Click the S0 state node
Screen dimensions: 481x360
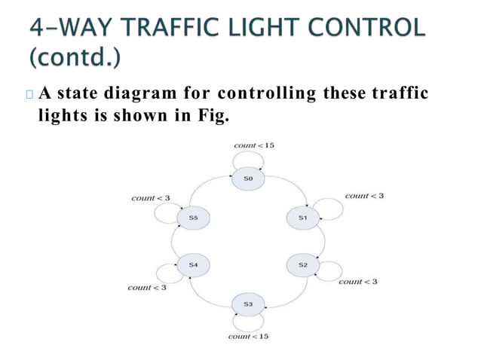tap(249, 178)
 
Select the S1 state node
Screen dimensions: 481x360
tap(302, 217)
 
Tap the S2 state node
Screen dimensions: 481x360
tap(302, 265)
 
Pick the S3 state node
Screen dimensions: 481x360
tap(249, 304)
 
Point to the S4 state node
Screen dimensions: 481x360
tap(193, 265)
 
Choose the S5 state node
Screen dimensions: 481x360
tap(193, 217)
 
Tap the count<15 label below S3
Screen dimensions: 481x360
tap(248, 336)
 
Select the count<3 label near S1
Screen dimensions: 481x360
tap(364, 196)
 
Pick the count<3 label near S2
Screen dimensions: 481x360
tap(358, 282)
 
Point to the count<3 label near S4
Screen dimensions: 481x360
tap(147, 288)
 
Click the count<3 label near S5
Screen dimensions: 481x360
tap(151, 198)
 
